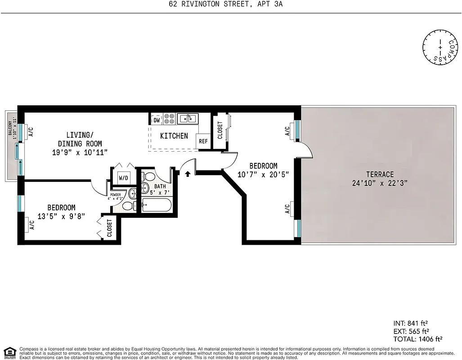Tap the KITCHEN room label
(x=174, y=135)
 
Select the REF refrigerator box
(x=203, y=141)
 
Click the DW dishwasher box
(x=157, y=120)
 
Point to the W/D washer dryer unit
(x=123, y=178)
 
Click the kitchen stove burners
(x=170, y=119)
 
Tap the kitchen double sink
(x=187, y=118)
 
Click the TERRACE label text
(x=380, y=174)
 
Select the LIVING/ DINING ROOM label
(x=80, y=139)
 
